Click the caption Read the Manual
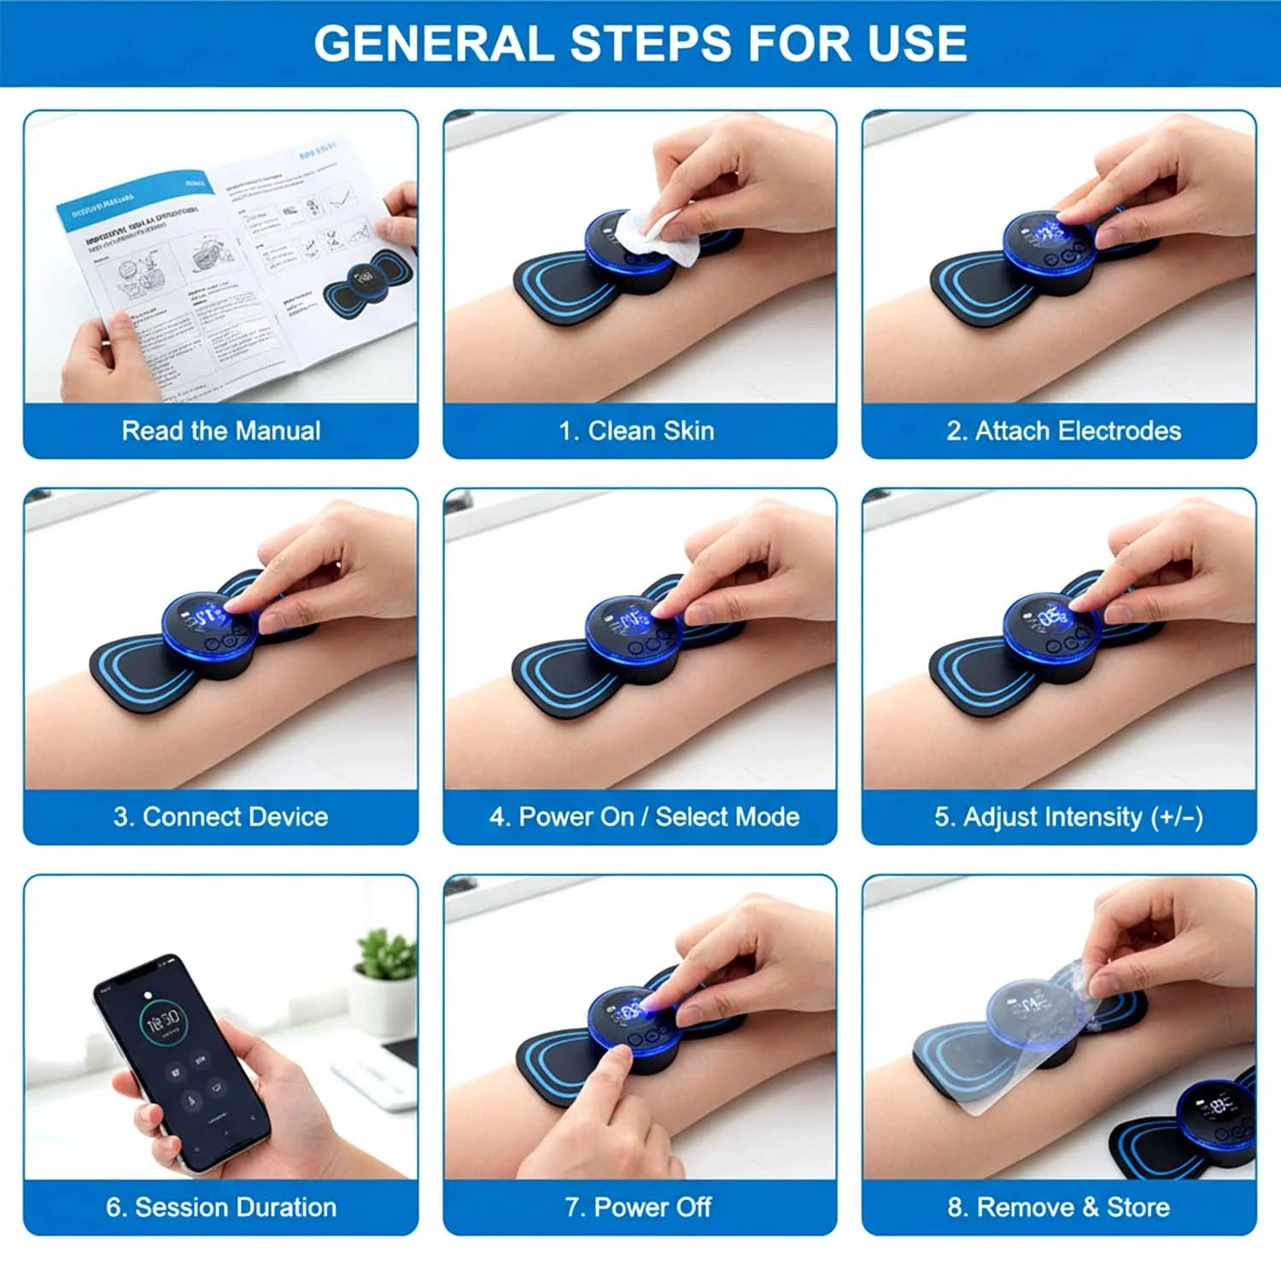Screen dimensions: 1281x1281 click(221, 430)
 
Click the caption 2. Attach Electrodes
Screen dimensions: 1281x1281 click(1063, 430)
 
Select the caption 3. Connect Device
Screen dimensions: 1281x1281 click(221, 816)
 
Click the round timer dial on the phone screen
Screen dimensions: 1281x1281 click(161, 1021)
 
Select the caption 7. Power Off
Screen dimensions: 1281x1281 click(638, 1207)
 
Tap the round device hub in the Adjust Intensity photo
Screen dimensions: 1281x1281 click(1052, 628)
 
